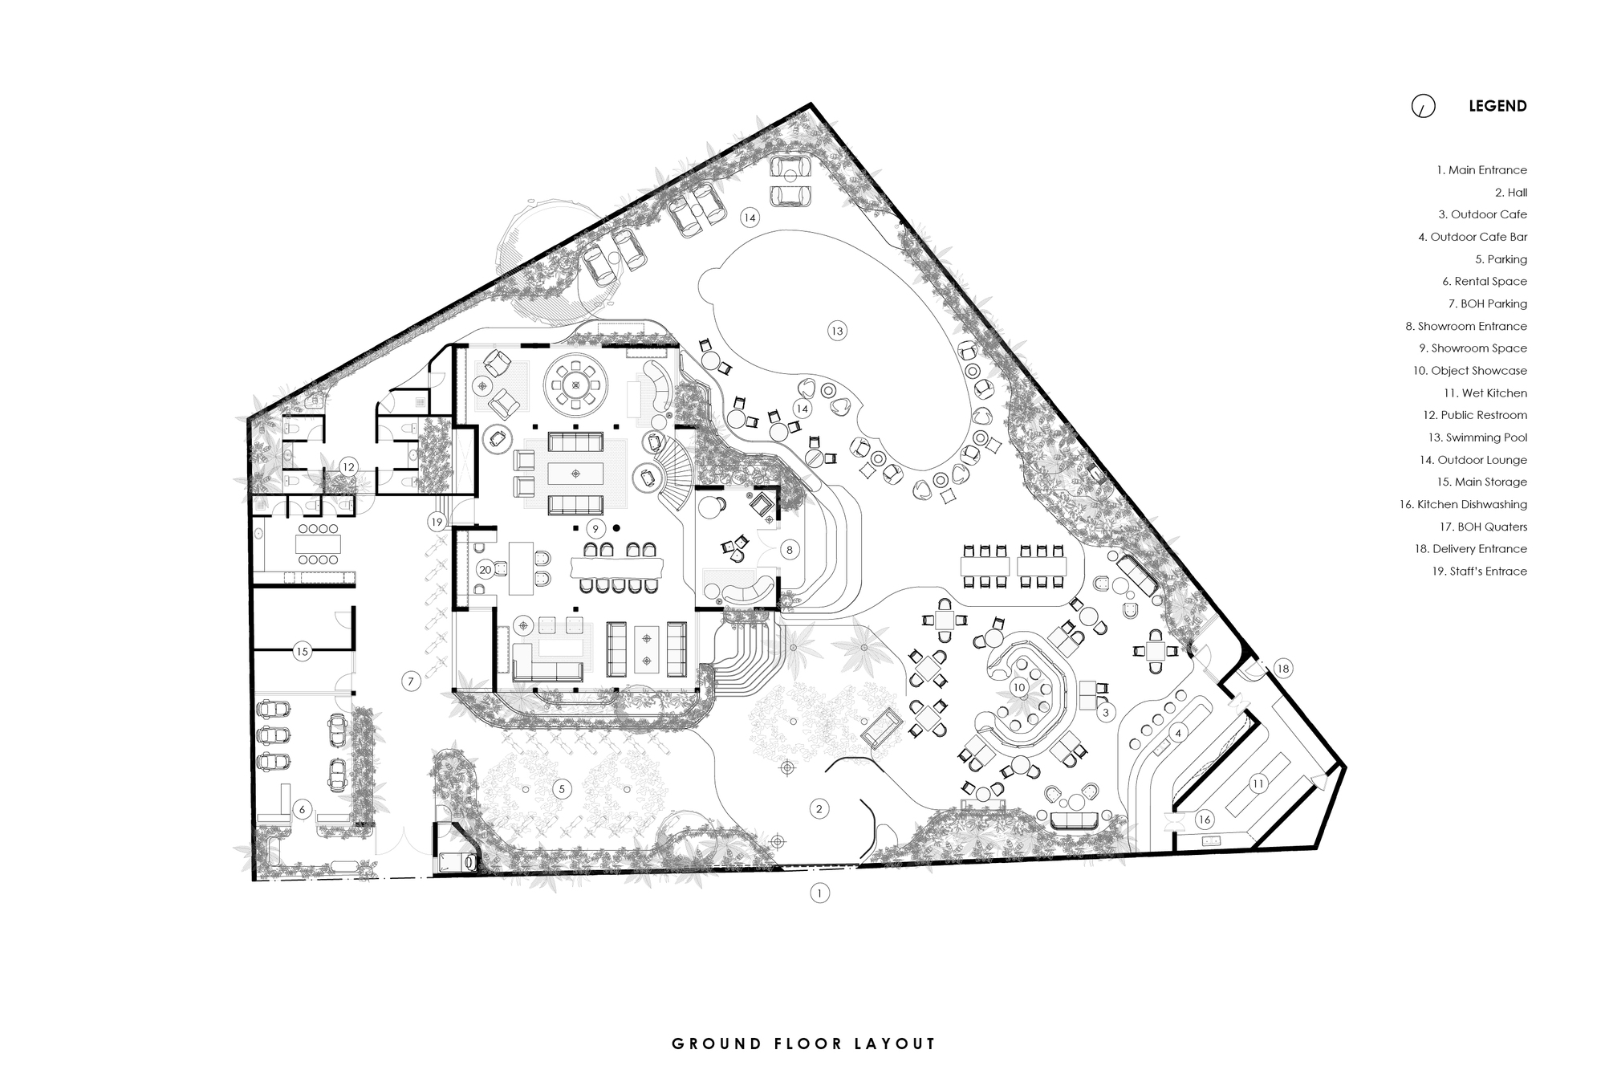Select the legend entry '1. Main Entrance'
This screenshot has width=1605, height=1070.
(1481, 170)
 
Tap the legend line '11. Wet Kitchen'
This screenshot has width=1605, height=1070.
(1485, 393)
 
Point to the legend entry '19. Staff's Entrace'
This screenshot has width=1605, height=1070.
(1479, 572)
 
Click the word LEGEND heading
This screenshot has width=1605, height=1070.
(1497, 106)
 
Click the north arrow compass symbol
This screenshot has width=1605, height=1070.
(1423, 106)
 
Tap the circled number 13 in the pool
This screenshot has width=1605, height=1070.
(837, 331)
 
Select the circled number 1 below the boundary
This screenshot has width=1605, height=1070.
(819, 893)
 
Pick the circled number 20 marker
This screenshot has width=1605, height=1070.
(485, 570)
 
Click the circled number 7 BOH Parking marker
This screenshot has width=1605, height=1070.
(411, 681)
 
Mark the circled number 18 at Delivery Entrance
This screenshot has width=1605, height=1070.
(1282, 669)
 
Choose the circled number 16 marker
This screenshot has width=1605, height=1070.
(1204, 820)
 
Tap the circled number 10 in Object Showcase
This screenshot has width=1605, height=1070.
(1019, 688)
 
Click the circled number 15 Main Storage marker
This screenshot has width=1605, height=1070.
(302, 652)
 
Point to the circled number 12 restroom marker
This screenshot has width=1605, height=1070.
(347, 467)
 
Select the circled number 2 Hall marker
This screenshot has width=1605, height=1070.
(819, 808)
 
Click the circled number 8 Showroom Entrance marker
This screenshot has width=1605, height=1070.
(790, 550)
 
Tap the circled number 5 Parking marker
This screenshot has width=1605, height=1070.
(562, 789)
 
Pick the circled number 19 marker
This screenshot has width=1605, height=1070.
(437, 522)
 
